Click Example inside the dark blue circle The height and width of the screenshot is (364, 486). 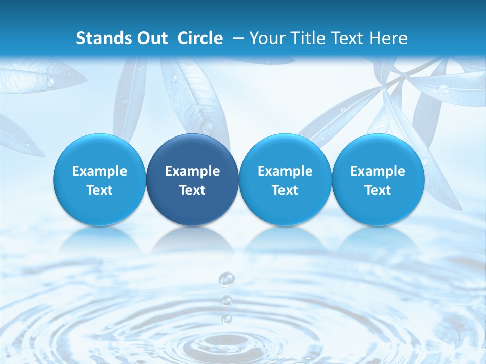(x=192, y=171)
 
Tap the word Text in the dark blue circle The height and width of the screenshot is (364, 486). (x=192, y=190)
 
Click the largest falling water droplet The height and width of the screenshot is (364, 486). (x=226, y=279)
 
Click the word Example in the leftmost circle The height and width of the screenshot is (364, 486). (x=99, y=171)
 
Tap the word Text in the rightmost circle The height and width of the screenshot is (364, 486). (x=378, y=190)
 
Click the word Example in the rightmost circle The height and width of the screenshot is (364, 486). (x=378, y=171)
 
